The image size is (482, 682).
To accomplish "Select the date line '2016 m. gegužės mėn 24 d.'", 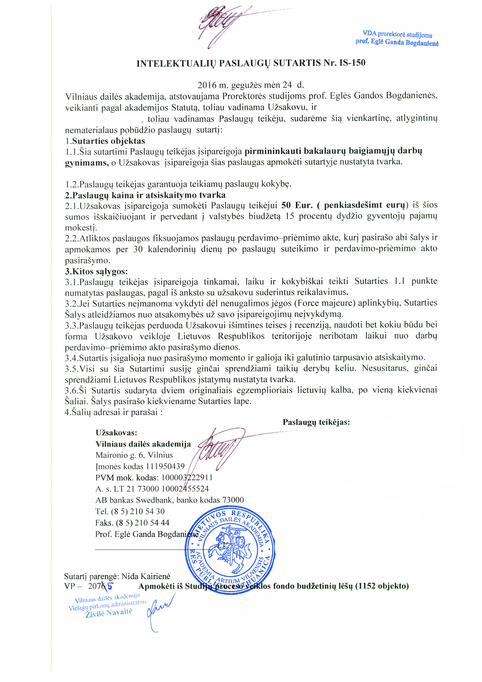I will [x=251, y=85].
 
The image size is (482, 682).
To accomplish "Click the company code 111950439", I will [x=165, y=466].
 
